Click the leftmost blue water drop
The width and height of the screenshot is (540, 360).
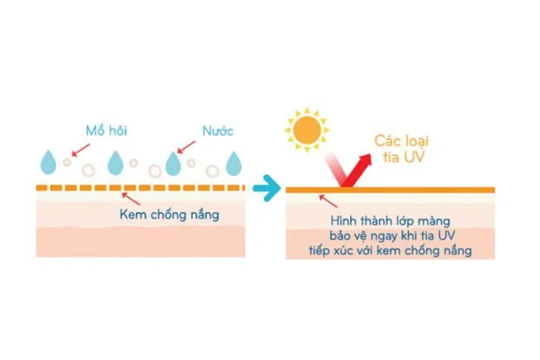48,163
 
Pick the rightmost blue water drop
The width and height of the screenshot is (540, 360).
234,163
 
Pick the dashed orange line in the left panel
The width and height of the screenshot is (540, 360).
140,188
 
